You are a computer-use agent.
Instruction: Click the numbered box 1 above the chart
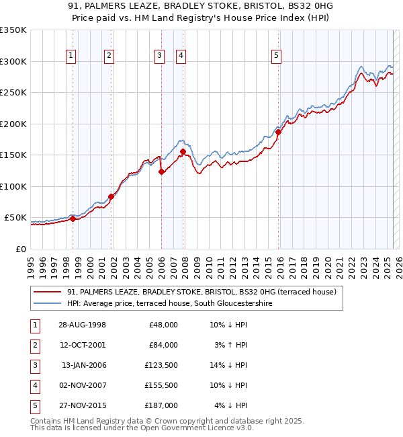point(71,56)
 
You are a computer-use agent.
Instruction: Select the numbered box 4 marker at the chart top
point(181,56)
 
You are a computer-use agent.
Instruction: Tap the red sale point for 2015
point(279,132)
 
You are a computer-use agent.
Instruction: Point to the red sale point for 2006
point(161,172)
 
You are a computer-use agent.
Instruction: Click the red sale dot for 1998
point(73,218)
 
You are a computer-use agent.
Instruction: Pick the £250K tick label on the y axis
point(13,93)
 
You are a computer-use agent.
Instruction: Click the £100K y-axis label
point(13,187)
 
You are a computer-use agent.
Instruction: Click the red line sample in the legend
point(47,292)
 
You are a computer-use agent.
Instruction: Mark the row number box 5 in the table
point(34,405)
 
